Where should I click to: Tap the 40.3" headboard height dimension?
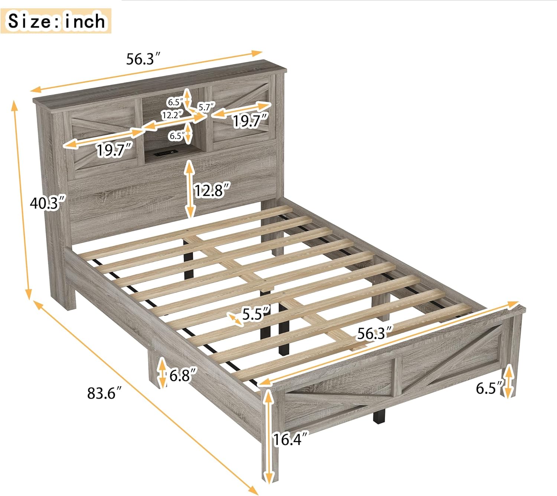(48, 203)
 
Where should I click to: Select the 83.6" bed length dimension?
(104, 393)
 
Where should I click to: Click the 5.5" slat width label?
(256, 314)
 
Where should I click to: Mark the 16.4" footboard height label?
(291, 440)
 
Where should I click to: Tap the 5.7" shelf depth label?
(206, 108)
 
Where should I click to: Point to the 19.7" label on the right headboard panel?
(250, 121)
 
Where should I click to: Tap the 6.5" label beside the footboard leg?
(489, 388)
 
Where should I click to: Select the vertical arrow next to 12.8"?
(190, 189)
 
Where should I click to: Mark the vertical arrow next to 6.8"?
(162, 373)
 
